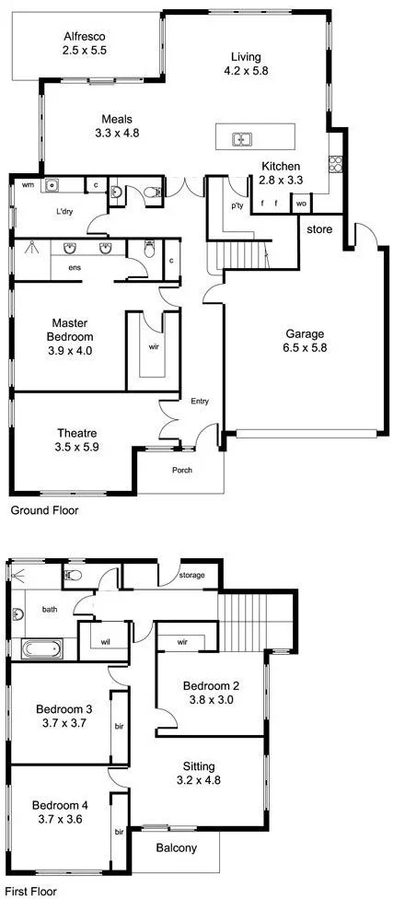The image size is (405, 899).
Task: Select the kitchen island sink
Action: click(242, 140)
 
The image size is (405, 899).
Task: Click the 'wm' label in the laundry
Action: click(28, 185)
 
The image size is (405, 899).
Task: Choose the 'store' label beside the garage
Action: click(318, 228)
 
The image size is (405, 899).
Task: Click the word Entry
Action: click(200, 401)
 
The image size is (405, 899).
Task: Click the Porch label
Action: click(182, 470)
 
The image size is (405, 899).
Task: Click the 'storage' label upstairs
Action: click(192, 576)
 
